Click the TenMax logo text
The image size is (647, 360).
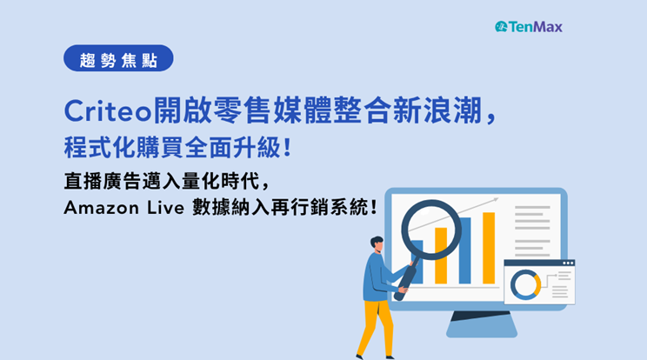click(x=535, y=27)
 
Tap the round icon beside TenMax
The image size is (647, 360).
click(x=501, y=27)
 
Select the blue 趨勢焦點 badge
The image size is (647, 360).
click(x=118, y=58)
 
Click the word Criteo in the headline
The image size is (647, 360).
click(x=108, y=111)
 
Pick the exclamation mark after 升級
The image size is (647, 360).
click(x=288, y=147)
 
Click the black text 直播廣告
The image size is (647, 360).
click(x=103, y=181)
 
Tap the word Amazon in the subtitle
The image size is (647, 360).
click(x=101, y=208)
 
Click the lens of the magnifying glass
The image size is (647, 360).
click(x=431, y=230)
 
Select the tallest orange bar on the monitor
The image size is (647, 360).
click(x=489, y=248)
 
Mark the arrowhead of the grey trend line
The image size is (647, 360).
click(x=495, y=200)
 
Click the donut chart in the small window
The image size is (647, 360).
click(x=525, y=284)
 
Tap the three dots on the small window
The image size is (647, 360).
click(x=568, y=263)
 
